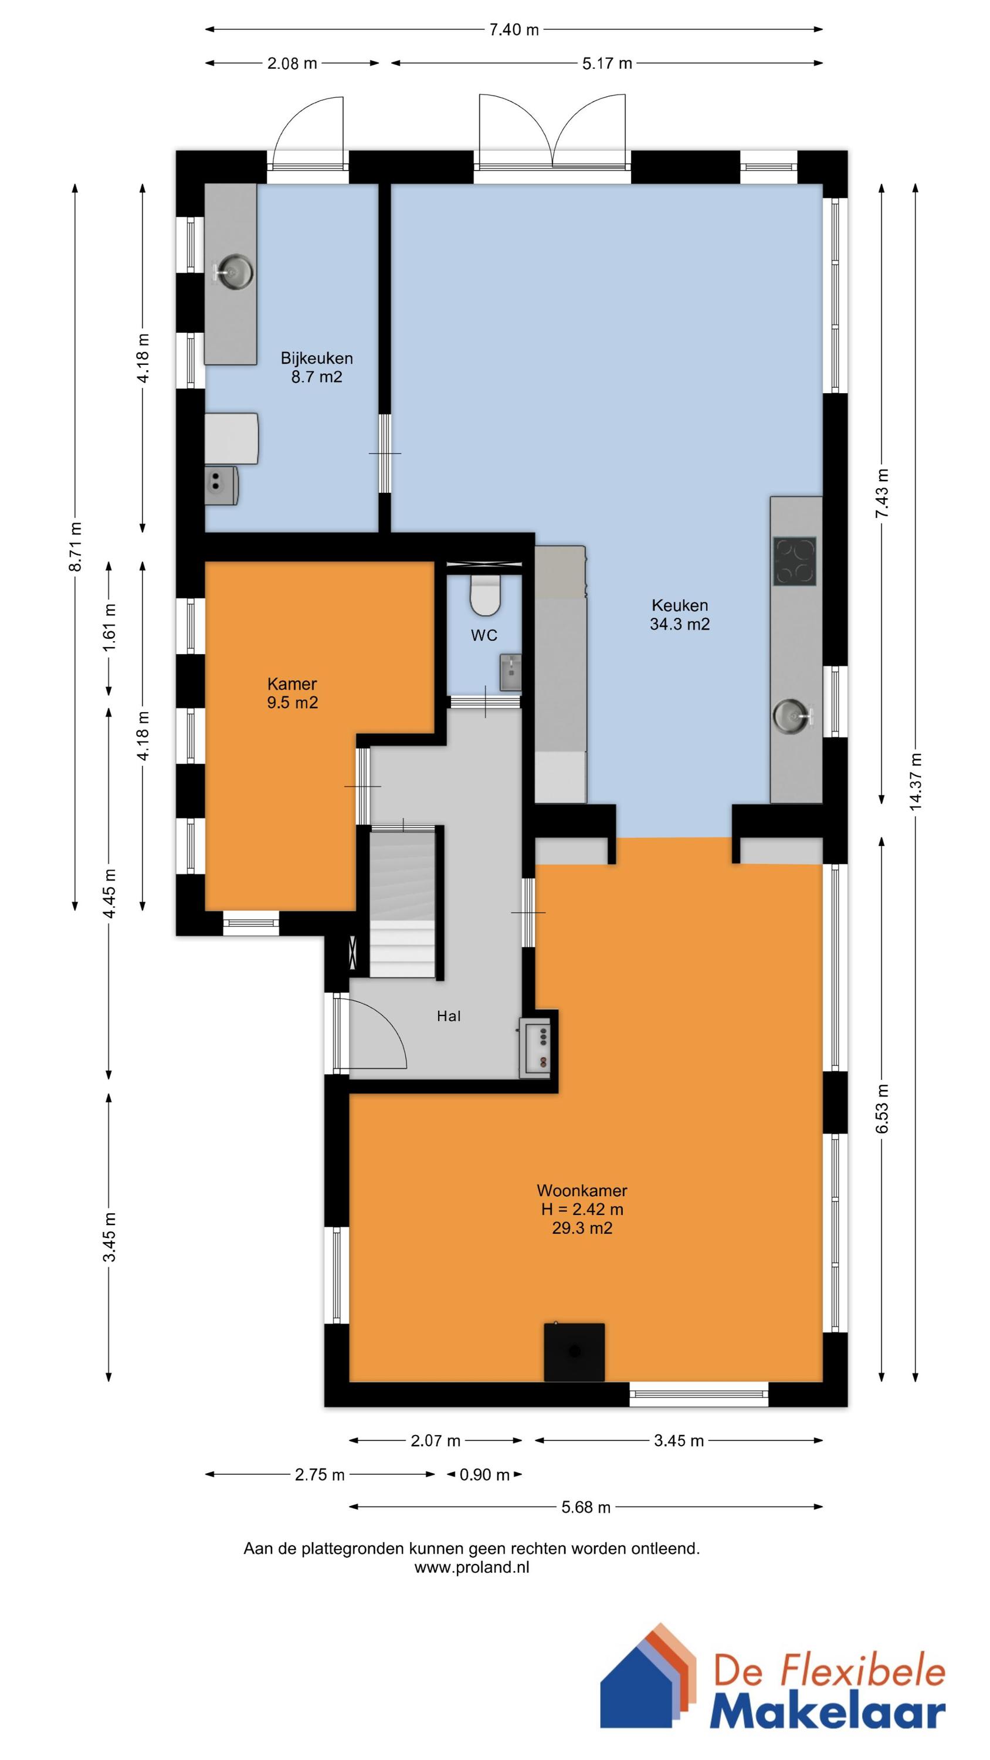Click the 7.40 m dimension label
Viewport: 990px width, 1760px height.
(514, 29)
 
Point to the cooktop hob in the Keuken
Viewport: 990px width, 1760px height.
(795, 561)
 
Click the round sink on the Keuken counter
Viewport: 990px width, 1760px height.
(791, 715)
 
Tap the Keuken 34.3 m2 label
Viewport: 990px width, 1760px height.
(679, 614)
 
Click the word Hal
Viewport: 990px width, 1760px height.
(449, 1016)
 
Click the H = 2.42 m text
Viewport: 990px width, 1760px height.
(582, 1209)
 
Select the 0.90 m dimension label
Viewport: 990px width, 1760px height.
(484, 1474)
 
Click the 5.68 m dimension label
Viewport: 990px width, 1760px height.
(585, 1507)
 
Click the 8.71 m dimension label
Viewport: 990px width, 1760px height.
(76, 547)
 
